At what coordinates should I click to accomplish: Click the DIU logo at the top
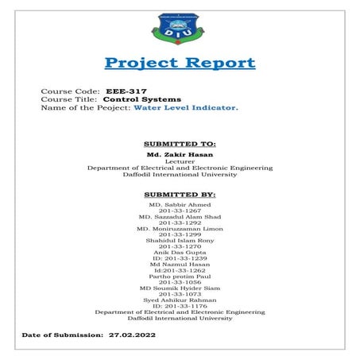tap(179, 29)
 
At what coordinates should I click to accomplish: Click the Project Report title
tap(180, 64)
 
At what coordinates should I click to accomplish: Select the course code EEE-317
tap(126, 91)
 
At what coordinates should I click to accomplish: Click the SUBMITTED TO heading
tap(180, 144)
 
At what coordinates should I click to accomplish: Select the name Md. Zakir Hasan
tap(180, 153)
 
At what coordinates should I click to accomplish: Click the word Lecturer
tap(180, 161)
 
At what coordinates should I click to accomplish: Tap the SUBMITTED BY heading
tap(180, 194)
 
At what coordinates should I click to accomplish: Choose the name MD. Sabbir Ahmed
tap(180, 204)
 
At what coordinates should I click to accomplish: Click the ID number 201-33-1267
tap(180, 211)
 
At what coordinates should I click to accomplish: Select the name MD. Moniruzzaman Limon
tap(180, 229)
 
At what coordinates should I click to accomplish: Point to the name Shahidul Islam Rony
tap(180, 242)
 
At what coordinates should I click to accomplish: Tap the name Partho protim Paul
tap(180, 278)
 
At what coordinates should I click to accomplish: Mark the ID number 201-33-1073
tap(180, 294)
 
